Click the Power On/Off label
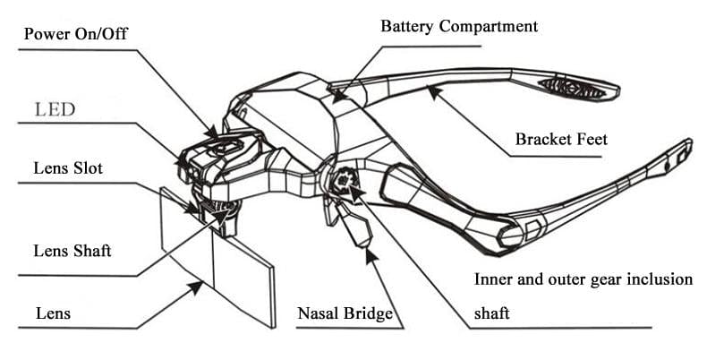[77, 35]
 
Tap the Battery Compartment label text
[459, 25]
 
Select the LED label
[55, 110]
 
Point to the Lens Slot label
[68, 168]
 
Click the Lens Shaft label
[72, 251]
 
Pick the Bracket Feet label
[561, 140]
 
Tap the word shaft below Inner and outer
[494, 314]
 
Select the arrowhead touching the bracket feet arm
[432, 89]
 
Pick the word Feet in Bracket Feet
[591, 140]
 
